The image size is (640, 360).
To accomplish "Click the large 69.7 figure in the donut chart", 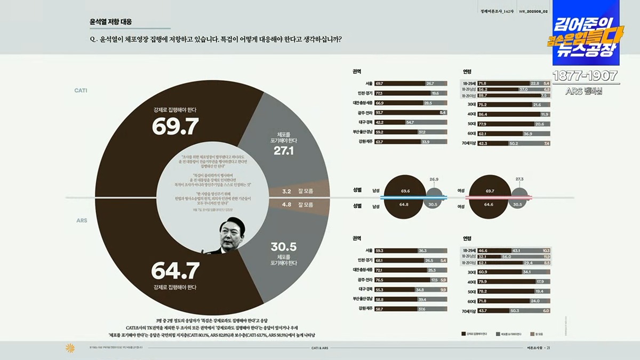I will coord(175,126).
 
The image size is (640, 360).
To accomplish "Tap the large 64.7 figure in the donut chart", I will coord(175,270).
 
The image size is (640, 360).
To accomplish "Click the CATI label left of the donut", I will coord(81,91).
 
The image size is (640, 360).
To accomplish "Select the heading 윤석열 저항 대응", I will coord(111,22).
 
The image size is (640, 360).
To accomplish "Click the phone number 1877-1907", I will coord(585,76).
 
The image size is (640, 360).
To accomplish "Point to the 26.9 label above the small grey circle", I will coord(434,179).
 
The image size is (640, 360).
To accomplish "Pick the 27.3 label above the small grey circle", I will coord(519,179).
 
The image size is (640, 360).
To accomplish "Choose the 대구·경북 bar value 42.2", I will coord(380,122).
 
